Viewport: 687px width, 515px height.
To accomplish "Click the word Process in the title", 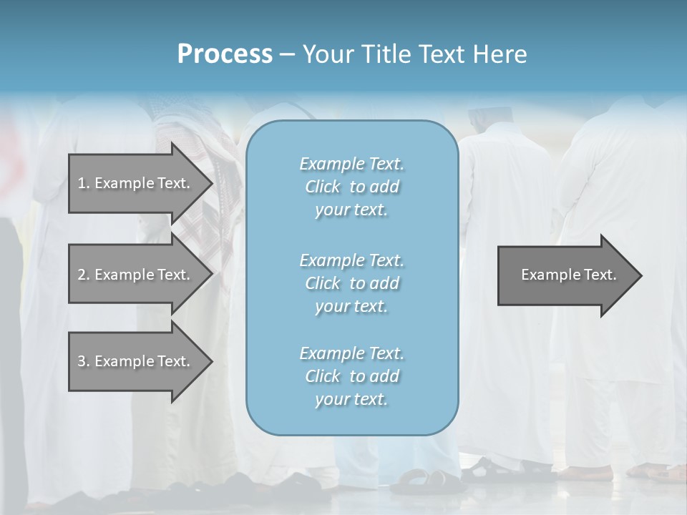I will pos(225,54).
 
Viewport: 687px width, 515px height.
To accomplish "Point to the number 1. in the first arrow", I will pos(84,183).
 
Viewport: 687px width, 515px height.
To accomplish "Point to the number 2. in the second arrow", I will pos(84,275).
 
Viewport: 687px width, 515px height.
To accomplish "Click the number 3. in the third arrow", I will pos(84,361).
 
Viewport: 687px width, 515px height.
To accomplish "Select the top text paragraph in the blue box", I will pos(351,187).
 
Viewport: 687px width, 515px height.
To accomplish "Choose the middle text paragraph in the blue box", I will pos(351,283).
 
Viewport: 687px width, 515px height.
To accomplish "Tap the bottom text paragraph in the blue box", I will pos(351,376).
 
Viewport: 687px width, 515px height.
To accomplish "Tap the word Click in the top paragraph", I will pos(323,187).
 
